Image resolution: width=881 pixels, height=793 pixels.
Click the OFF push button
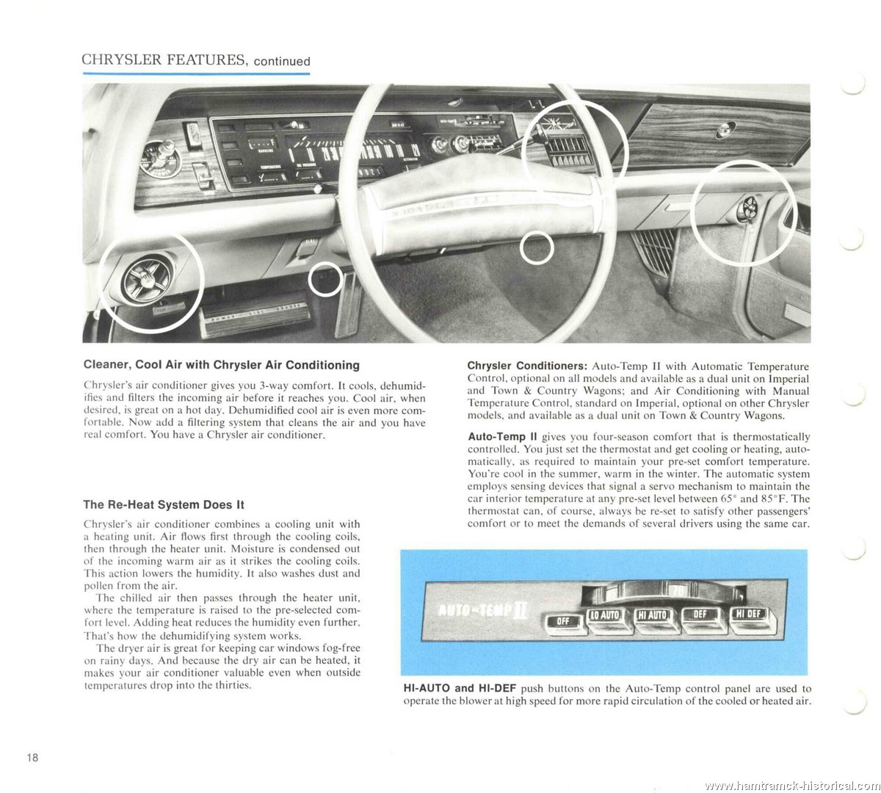(564, 621)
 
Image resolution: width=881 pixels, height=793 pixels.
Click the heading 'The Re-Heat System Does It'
(164, 504)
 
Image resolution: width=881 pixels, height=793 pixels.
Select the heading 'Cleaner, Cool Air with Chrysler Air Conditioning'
(222, 365)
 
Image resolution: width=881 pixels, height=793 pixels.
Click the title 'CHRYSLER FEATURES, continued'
(196, 60)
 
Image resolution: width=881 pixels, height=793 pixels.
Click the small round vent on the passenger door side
(742, 210)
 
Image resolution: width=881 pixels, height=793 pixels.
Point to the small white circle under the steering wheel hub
(536, 249)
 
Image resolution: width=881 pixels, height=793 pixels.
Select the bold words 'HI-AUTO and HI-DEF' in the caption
(460, 689)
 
